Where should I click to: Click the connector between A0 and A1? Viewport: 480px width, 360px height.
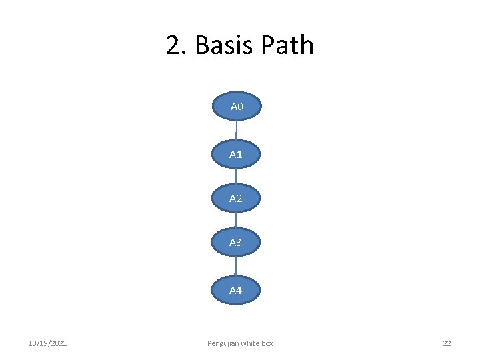237,131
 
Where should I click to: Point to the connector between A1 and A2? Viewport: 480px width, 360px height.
237,176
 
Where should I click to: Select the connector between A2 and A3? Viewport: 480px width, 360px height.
237,220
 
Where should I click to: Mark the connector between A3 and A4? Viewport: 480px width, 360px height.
237,266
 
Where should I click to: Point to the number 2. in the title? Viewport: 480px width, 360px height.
177,45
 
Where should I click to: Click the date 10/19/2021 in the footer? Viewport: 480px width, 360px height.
47,343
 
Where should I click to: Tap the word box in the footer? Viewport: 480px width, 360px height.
267,343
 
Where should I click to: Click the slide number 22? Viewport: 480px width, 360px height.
447,343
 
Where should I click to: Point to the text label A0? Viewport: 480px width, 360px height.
237,107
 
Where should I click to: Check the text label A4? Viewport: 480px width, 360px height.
235,291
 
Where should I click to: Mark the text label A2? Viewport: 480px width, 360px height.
235,199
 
